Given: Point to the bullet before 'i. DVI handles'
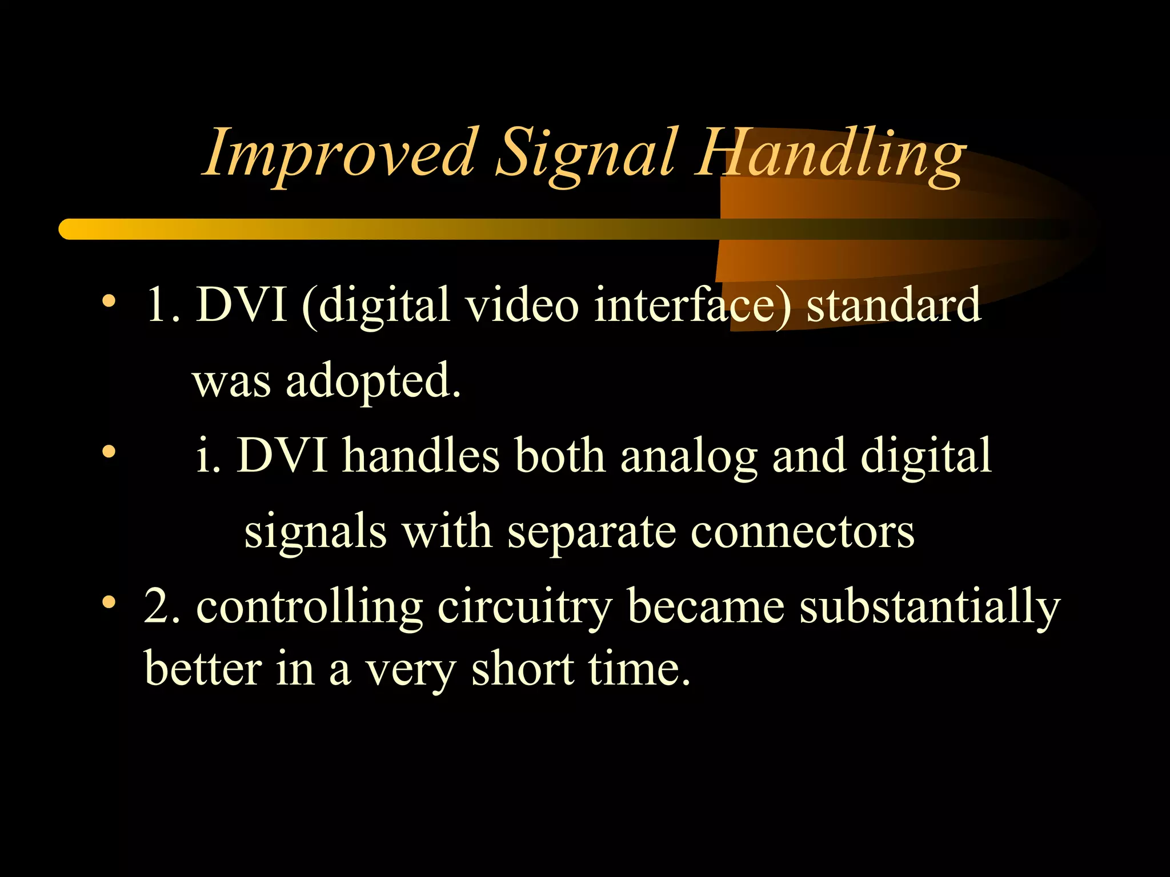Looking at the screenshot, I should [x=109, y=452].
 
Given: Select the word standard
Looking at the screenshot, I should [x=893, y=305].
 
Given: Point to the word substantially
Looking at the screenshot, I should [x=929, y=608].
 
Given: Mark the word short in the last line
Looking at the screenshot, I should [x=522, y=669].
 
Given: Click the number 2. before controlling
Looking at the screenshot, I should [x=162, y=606].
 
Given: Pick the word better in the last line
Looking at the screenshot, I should [x=202, y=669].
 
